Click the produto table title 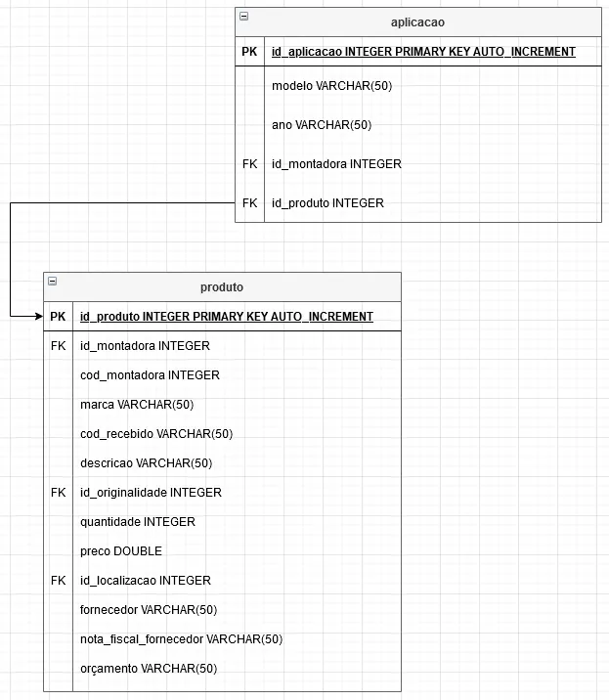point(222,286)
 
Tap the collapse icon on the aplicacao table point(243,17)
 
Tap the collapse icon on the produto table point(52,282)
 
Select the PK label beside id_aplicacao point(249,52)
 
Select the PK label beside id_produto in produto point(58,317)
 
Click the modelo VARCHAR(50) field point(331,86)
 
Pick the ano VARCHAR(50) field point(322,125)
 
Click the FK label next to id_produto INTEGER point(249,203)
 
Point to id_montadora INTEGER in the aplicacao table point(336,164)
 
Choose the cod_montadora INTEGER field point(150,375)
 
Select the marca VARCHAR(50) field point(137,405)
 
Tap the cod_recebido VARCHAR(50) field point(156,434)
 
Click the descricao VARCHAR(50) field point(146,463)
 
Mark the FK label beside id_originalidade point(58,493)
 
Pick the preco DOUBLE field point(121,551)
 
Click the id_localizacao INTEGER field point(145,581)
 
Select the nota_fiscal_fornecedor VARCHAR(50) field point(181,639)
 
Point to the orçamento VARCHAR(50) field point(149,669)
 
